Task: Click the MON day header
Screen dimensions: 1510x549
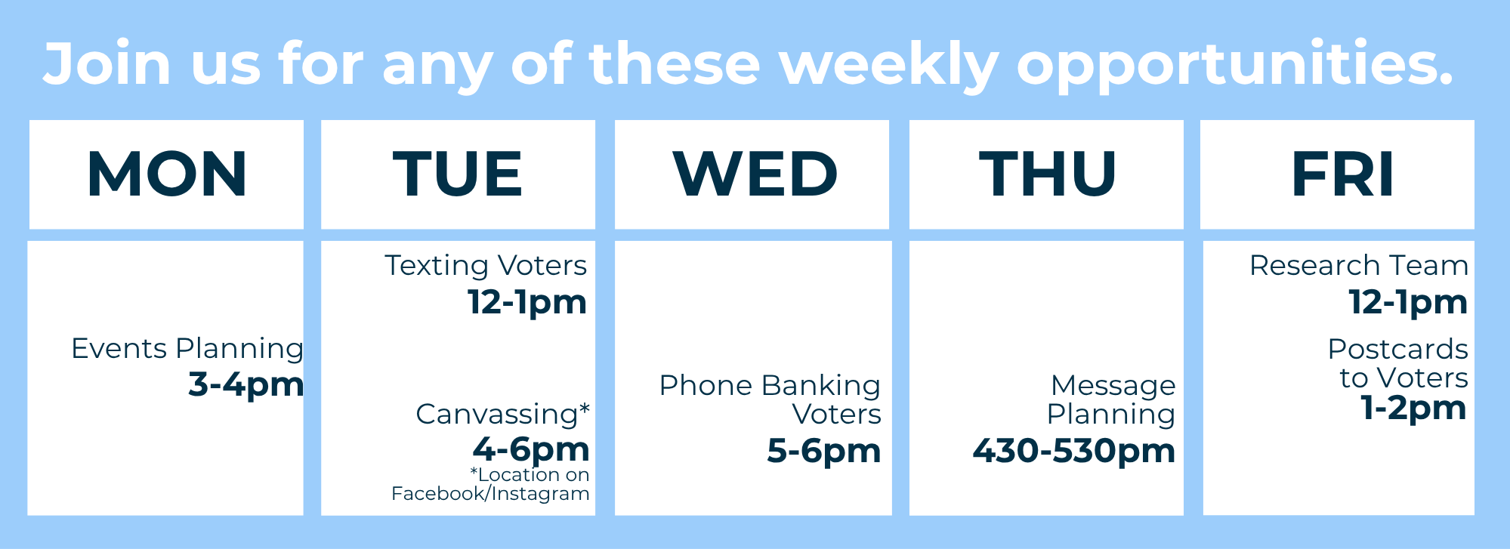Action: (167, 174)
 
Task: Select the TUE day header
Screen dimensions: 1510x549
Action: (458, 174)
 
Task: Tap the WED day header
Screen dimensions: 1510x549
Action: (755, 174)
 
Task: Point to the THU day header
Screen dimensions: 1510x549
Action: (1048, 174)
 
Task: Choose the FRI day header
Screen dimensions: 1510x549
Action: (1342, 174)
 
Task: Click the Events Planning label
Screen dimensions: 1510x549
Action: (187, 349)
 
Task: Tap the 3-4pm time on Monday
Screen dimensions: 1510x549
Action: (246, 384)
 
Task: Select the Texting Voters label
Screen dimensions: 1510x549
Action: (486, 266)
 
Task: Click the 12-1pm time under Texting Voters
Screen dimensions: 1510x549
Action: (527, 302)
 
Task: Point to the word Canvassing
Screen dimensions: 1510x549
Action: (497, 415)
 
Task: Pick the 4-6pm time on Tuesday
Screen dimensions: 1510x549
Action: (531, 449)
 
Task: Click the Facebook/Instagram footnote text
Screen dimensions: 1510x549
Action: (490, 494)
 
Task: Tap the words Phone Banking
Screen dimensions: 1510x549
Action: (770, 386)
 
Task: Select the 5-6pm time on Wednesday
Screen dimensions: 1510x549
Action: (824, 451)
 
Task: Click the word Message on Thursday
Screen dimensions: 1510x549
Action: (1113, 386)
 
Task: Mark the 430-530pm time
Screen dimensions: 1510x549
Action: (1074, 451)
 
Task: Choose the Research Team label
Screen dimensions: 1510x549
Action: (1359, 266)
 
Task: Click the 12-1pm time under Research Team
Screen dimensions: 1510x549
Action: (1409, 302)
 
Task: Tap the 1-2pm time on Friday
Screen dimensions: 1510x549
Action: (1413, 409)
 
